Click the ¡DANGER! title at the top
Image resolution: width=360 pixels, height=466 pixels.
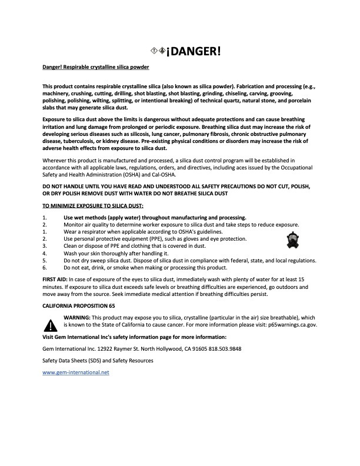(193, 51)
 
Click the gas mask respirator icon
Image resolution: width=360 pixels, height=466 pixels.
(292, 239)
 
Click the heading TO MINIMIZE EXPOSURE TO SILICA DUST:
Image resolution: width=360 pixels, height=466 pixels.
(93, 205)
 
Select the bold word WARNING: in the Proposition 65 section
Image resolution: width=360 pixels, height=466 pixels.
(76, 317)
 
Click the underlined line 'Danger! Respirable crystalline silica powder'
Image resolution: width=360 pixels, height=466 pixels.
(95, 68)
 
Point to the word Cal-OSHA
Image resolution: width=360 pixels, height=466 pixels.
(162, 174)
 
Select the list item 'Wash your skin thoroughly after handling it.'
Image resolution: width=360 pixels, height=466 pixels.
(114, 253)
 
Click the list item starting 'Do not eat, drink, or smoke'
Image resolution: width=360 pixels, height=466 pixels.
(135, 267)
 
